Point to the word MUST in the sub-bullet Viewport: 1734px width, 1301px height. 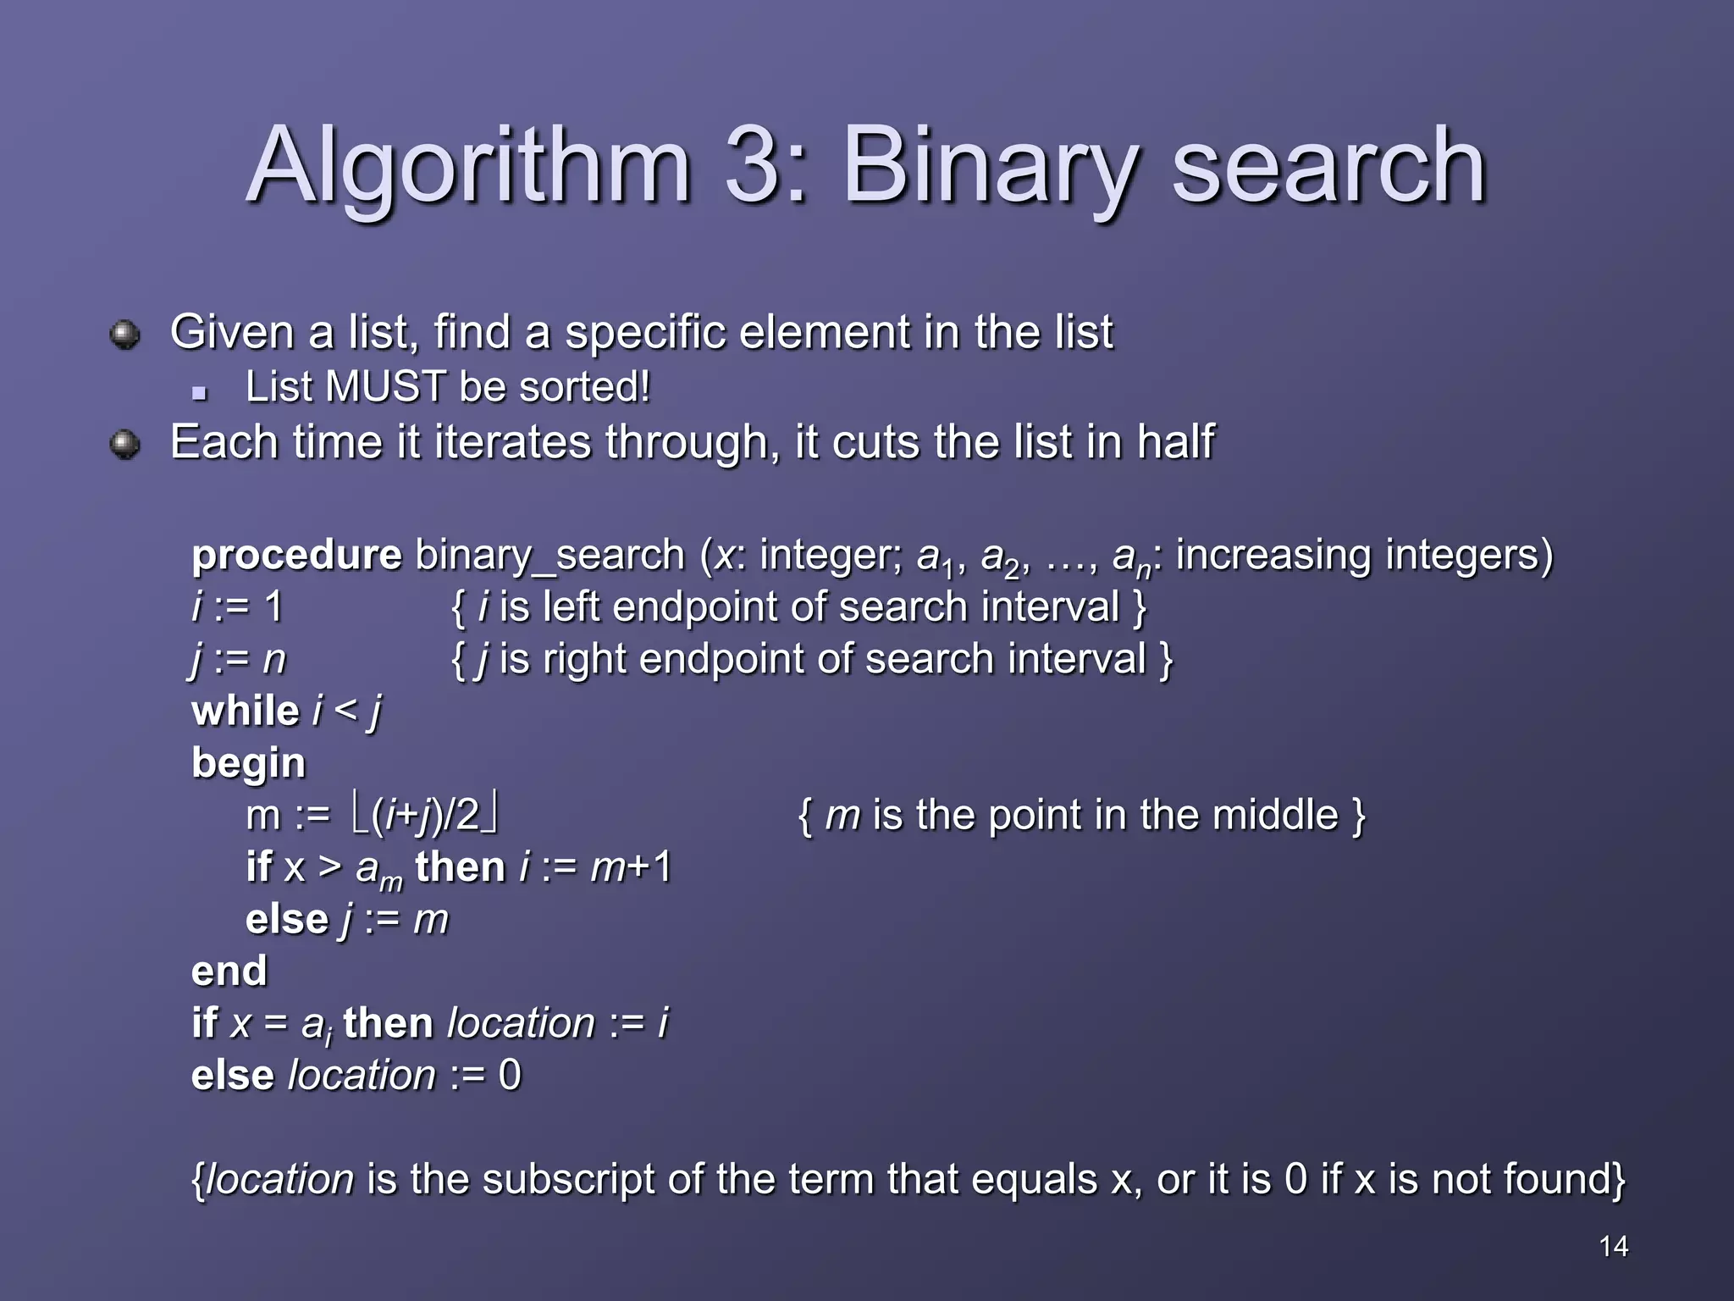385,387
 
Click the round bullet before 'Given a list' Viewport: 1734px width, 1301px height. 125,334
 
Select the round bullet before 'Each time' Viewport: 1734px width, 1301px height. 125,444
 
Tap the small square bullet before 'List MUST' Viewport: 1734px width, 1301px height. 200,392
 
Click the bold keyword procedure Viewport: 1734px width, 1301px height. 296,556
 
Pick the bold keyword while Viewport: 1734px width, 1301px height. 246,711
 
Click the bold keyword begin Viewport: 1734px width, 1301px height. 248,764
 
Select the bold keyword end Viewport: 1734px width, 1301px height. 229,971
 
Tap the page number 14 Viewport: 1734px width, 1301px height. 1613,1246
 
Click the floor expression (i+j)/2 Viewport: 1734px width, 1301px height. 425,815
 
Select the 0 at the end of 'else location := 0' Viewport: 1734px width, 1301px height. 510,1075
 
